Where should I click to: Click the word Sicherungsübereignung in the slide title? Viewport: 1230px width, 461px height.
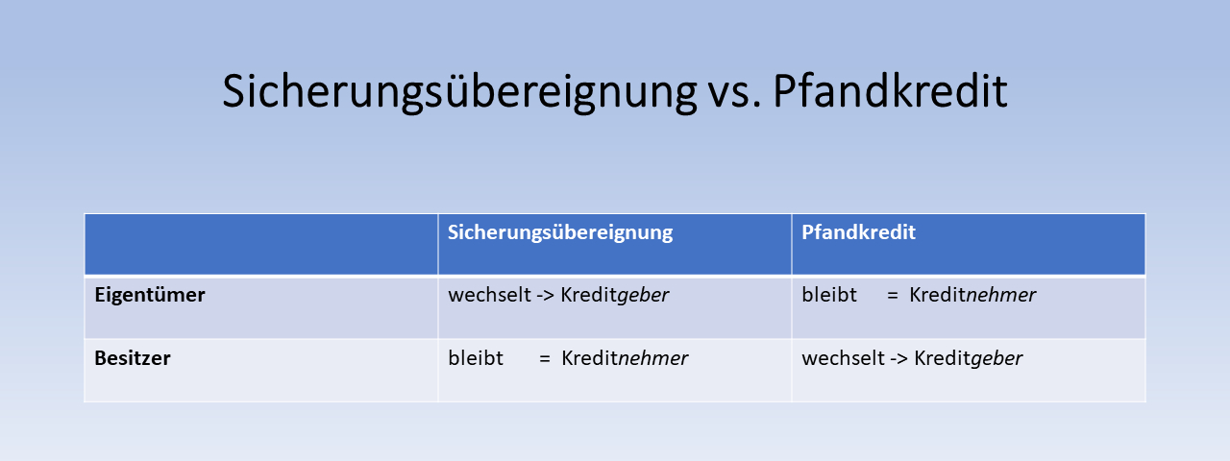click(x=459, y=91)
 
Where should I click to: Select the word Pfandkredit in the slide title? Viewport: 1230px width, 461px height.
click(x=890, y=90)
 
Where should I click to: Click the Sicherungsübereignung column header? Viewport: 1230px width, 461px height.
click(x=560, y=232)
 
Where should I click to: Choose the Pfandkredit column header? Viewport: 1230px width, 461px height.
click(x=858, y=232)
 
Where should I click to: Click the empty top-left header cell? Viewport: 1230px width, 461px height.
click(x=260, y=244)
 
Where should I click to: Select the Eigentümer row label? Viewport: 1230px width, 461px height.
click(x=149, y=295)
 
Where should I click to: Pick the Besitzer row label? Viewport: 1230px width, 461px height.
click(x=133, y=358)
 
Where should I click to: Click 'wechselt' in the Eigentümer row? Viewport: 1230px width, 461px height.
click(x=489, y=295)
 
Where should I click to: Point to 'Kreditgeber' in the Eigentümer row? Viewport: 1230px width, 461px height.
click(x=614, y=296)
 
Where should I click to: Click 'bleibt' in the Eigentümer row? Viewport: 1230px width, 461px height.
click(x=829, y=295)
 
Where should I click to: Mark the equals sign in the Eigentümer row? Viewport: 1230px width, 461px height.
click(x=893, y=296)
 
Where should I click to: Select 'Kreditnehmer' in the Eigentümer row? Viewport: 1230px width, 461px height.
click(x=972, y=295)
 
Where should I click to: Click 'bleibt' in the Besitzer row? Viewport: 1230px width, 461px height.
click(x=476, y=358)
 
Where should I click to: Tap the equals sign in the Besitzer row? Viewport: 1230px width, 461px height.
click(x=544, y=359)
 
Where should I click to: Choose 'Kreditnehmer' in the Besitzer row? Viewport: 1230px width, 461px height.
click(x=625, y=358)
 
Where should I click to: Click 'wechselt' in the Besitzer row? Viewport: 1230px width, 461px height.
click(x=843, y=358)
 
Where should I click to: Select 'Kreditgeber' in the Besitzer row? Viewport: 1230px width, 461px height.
click(x=968, y=359)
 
